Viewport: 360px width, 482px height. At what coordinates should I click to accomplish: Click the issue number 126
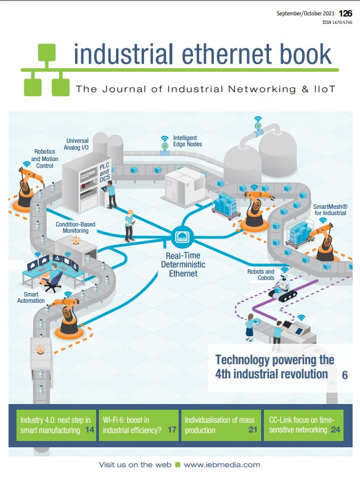click(x=345, y=13)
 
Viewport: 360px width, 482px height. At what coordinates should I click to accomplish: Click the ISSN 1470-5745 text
click(x=337, y=22)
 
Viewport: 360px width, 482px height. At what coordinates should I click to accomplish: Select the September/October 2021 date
click(x=305, y=13)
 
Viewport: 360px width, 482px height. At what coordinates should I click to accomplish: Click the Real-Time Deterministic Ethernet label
click(x=183, y=265)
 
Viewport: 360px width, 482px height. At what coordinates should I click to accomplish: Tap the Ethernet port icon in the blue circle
click(x=183, y=237)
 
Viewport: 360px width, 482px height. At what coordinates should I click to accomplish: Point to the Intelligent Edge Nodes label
click(x=187, y=141)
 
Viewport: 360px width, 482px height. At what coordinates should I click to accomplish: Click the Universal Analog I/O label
click(x=76, y=144)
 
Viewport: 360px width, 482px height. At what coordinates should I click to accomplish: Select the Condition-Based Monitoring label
click(x=76, y=228)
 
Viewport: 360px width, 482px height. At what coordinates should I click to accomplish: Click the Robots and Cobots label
click(x=261, y=274)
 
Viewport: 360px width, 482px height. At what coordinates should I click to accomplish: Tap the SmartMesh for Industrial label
click(x=330, y=209)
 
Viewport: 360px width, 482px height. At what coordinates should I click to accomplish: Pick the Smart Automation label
click(x=31, y=297)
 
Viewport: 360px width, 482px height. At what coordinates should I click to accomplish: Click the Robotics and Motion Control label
click(x=45, y=159)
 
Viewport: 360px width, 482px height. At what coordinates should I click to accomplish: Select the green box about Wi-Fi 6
click(x=139, y=425)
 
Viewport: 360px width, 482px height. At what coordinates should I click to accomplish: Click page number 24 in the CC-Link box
click(x=336, y=430)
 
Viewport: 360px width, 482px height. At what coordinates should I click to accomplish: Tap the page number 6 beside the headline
click(x=345, y=375)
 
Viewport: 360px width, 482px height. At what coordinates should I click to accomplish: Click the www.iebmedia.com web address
click(x=222, y=464)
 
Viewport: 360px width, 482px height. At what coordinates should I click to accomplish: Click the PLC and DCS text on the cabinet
click(x=105, y=172)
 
